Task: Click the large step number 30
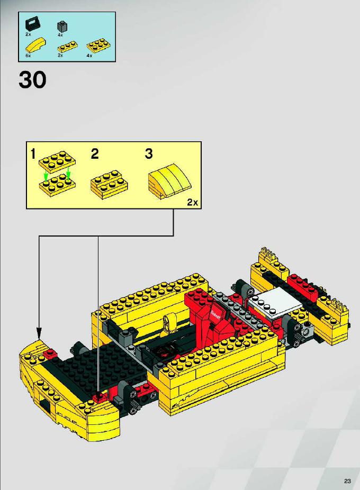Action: (32, 80)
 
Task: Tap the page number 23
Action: (347, 480)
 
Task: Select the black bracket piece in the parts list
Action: (32, 24)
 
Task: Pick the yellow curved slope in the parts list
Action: (36, 46)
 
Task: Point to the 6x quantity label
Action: (28, 56)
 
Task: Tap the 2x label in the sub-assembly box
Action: (193, 202)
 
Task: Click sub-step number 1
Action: (33, 154)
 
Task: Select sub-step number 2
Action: (95, 154)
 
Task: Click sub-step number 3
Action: (149, 154)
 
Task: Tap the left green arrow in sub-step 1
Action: (46, 177)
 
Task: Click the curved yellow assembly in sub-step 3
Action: (169, 181)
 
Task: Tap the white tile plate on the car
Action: (274, 303)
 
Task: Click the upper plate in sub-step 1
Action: (57, 161)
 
